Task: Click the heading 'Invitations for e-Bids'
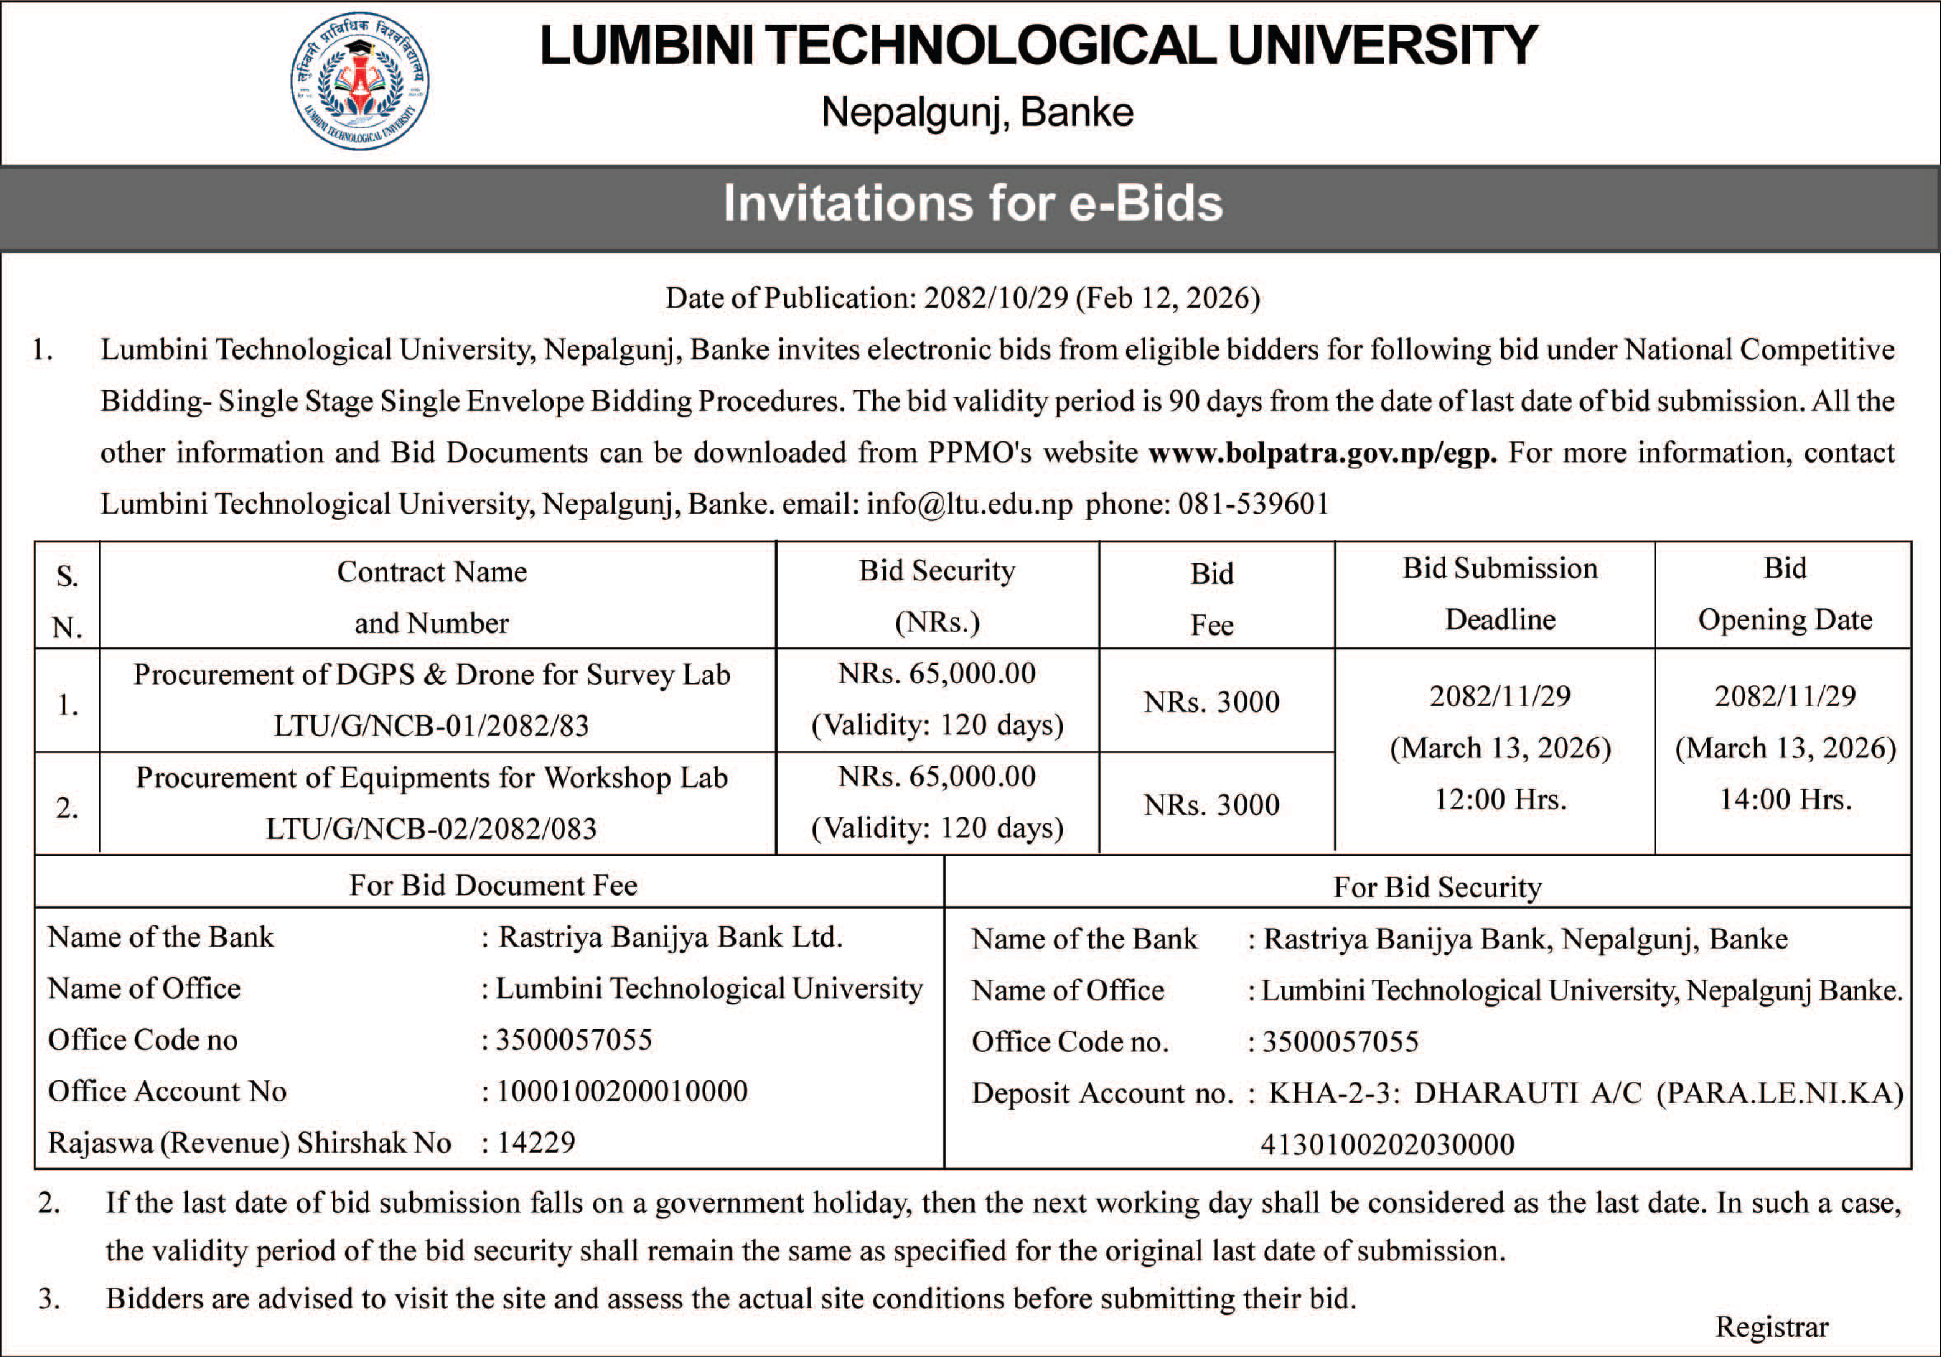972,204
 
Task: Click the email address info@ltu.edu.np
969,505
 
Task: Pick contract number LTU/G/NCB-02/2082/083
431,829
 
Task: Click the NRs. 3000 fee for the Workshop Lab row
1211,805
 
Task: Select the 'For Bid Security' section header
1437,887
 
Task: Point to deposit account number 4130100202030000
1387,1145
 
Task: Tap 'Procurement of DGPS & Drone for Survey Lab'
431,675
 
